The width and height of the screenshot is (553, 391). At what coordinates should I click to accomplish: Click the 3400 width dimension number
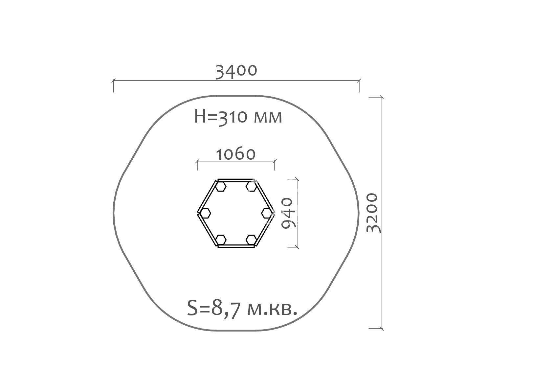pyautogui.click(x=236, y=71)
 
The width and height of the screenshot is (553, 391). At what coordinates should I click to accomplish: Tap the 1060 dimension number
pyautogui.click(x=235, y=154)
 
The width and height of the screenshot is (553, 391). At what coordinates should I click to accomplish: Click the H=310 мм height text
pyautogui.click(x=238, y=117)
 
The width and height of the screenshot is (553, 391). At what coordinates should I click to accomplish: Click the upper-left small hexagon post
pyautogui.click(x=220, y=187)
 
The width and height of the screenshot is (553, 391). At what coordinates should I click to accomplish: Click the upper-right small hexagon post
pyautogui.click(x=251, y=187)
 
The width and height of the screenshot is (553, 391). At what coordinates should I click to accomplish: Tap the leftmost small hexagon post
pyautogui.click(x=205, y=213)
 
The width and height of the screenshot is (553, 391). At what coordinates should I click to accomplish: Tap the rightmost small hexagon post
pyautogui.click(x=267, y=213)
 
